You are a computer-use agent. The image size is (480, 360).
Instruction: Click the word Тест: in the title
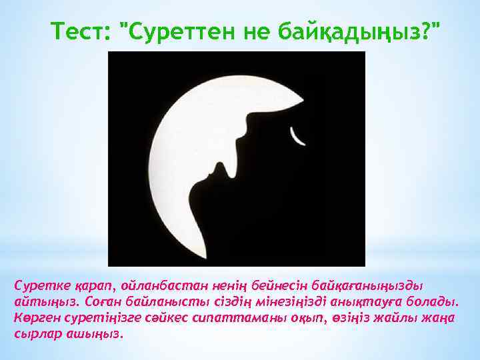(x=79, y=30)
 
